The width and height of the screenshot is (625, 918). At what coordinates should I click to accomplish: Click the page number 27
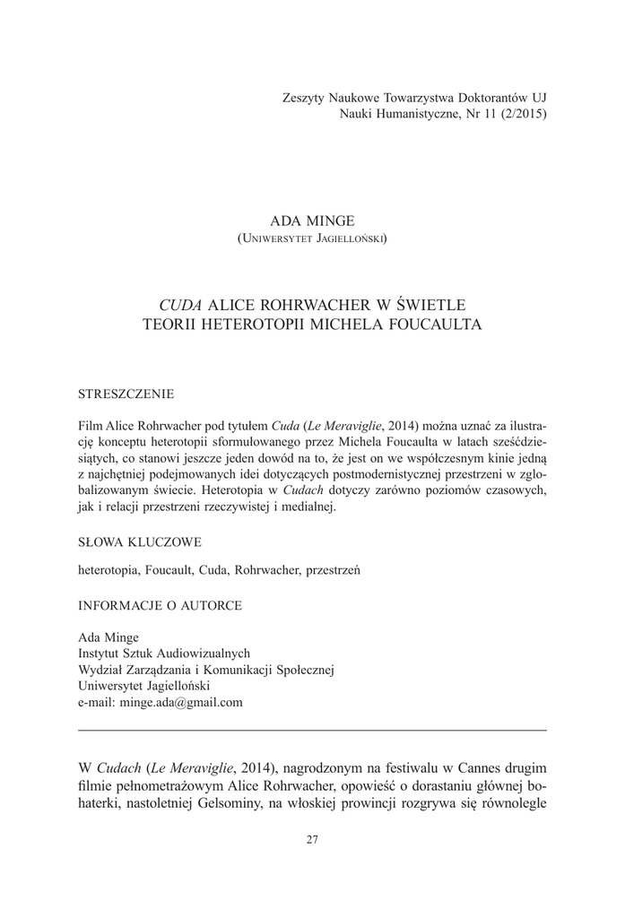(x=312, y=839)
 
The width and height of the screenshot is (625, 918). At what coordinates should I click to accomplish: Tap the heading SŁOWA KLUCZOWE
(x=140, y=541)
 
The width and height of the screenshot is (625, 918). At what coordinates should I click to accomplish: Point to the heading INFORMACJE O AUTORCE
(x=160, y=605)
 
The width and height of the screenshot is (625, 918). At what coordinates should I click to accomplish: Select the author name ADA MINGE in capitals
(x=312, y=220)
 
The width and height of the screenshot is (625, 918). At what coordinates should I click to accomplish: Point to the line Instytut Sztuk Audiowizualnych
(x=164, y=654)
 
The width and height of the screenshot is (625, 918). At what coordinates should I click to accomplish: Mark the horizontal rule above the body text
(x=312, y=731)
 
